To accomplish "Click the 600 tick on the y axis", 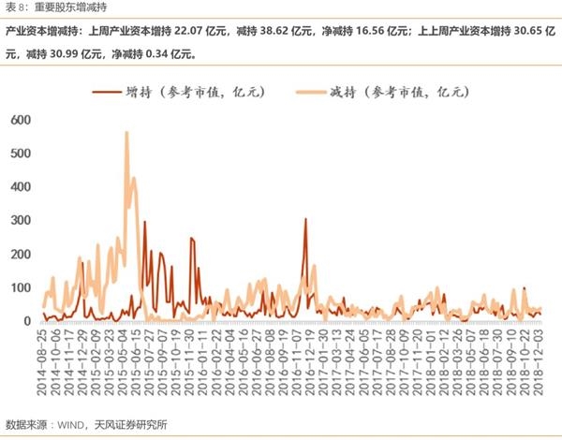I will point(21,119).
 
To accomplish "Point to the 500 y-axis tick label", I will point(21,153).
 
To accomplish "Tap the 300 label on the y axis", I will point(21,220).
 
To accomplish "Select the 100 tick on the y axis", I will point(21,287).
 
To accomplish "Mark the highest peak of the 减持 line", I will point(126,132).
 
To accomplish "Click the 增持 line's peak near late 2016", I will point(305,219).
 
